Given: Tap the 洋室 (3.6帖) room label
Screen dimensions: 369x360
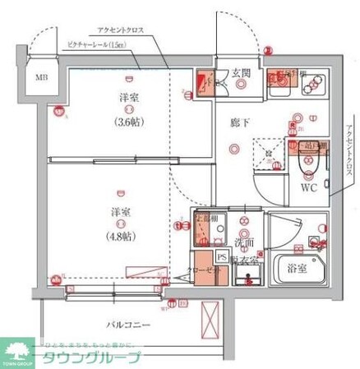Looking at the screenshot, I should (x=126, y=107).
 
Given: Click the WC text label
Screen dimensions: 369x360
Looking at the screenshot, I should (x=308, y=187).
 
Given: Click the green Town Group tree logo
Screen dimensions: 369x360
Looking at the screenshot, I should (x=18, y=348).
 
